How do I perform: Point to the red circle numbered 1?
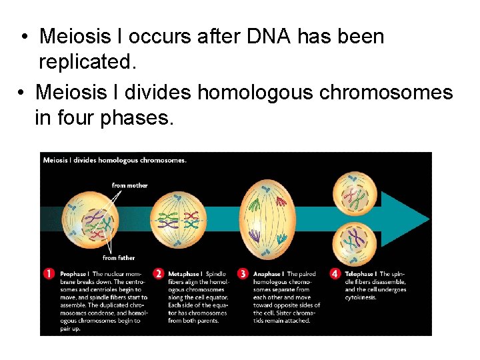tap(49, 274)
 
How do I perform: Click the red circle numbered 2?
tap(159, 274)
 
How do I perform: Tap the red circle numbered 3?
tap(243, 274)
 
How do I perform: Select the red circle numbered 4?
tap(335, 274)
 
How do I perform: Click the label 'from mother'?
tap(129, 185)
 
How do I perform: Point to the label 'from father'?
tap(119, 258)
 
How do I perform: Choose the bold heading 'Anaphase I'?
tap(269, 274)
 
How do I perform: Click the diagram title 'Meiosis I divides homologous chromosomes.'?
tap(115, 160)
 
